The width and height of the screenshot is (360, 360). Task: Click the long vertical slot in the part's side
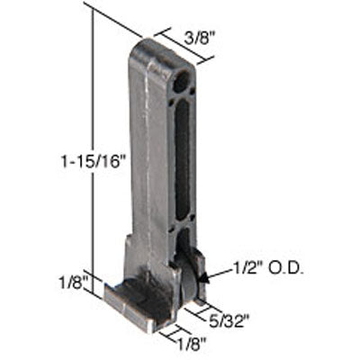click(x=183, y=163)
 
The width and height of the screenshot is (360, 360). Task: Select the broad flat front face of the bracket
click(x=148, y=162)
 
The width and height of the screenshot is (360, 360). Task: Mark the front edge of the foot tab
click(x=135, y=311)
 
